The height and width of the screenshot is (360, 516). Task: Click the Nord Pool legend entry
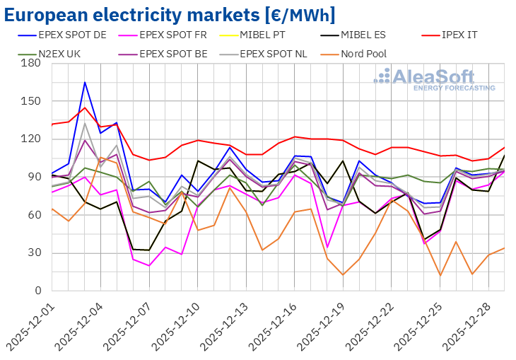coord(363,53)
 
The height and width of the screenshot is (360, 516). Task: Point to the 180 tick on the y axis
coord(31,63)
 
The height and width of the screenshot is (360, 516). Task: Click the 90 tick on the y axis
coord(34,177)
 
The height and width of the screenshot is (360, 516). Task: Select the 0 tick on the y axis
coord(37,291)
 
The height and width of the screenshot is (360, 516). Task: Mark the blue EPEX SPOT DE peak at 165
coord(85,82)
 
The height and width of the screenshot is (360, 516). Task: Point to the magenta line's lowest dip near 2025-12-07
coord(148,265)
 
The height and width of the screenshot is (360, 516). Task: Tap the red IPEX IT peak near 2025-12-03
coord(85,108)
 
